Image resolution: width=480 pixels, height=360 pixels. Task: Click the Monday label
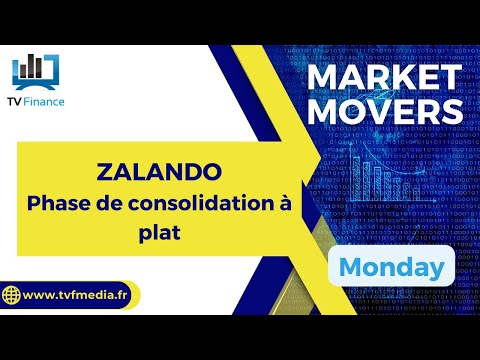(x=391, y=267)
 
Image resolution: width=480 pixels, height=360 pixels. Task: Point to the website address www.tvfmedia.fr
(x=80, y=296)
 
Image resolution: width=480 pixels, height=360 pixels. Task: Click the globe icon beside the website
(x=12, y=296)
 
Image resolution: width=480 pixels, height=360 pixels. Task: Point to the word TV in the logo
(x=19, y=102)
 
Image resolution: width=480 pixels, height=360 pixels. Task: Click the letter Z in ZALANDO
(x=106, y=171)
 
